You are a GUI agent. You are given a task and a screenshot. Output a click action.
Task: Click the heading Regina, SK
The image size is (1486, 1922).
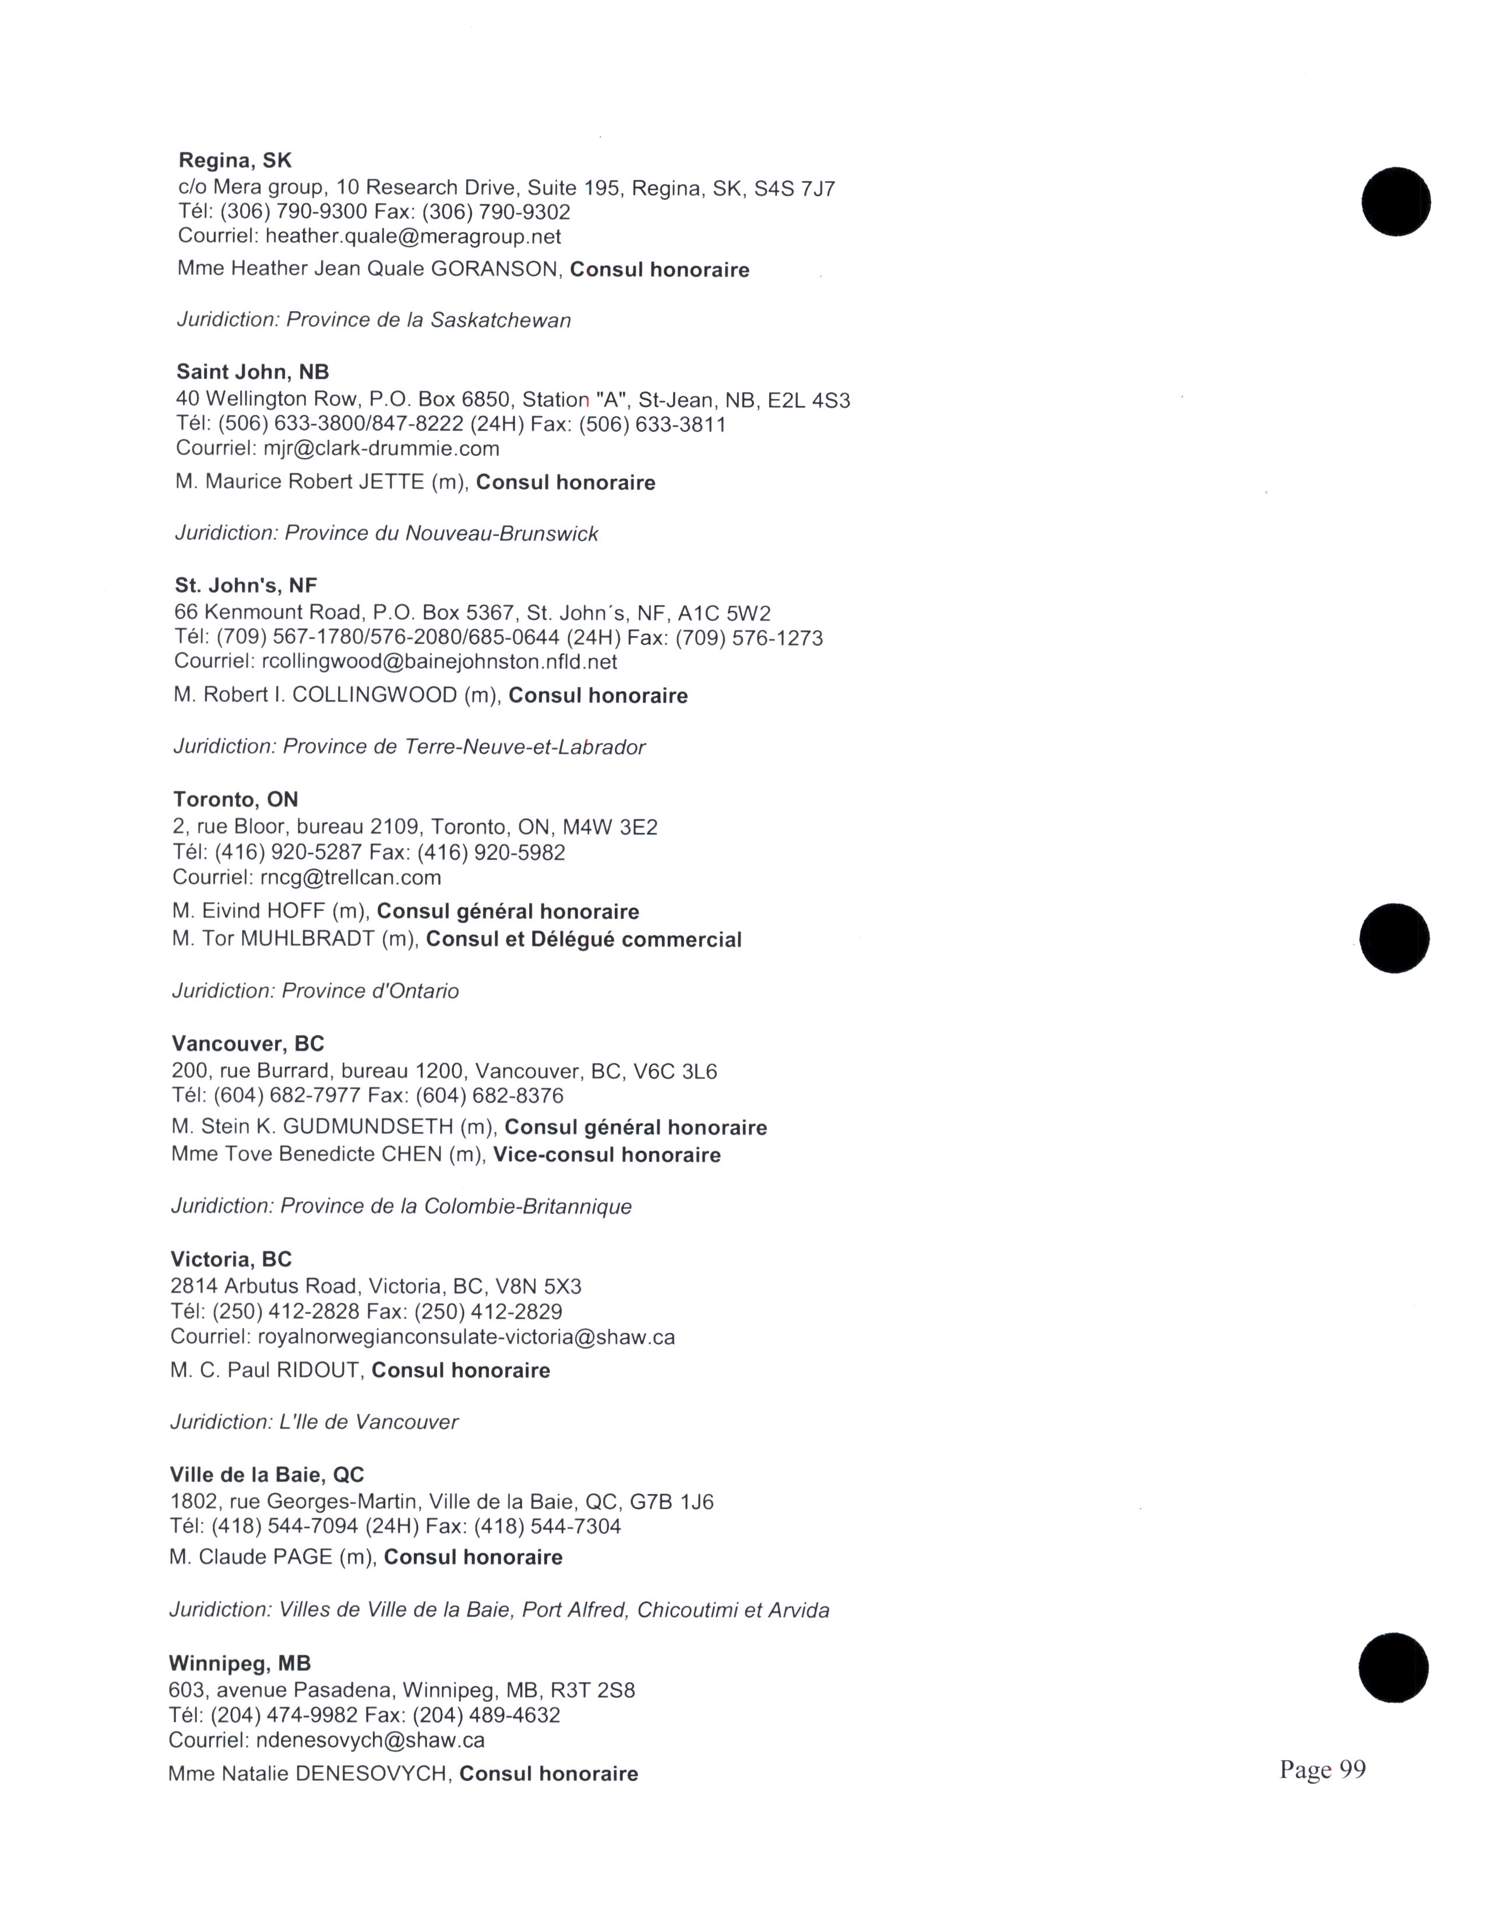[x=234, y=160]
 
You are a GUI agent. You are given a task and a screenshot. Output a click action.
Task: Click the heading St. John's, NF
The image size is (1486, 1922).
[x=245, y=585]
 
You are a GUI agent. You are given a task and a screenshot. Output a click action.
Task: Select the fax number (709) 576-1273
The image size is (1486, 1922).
[x=749, y=638]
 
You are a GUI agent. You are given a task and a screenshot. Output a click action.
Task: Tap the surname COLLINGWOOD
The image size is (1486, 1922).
[x=374, y=695]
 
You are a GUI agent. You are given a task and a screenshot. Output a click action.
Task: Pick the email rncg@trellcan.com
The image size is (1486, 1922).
[x=350, y=877]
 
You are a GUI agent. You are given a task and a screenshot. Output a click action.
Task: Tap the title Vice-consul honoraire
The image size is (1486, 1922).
[x=607, y=1154]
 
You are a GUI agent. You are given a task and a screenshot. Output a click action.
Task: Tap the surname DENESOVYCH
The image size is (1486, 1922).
[x=371, y=1773]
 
